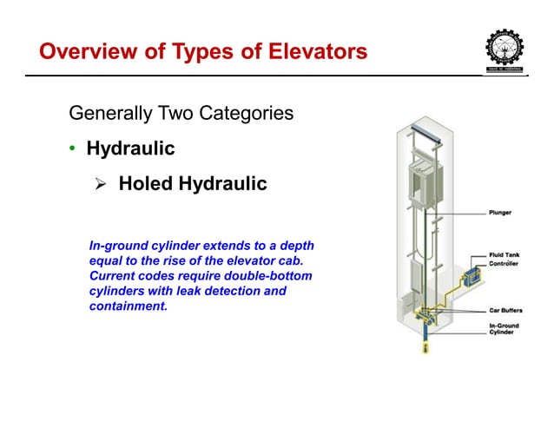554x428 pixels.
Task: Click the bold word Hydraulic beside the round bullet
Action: pos(130,148)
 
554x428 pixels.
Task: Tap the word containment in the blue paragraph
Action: pos(128,306)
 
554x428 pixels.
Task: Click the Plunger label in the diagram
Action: pos(499,211)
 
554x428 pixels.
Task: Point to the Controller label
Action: pos(504,264)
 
